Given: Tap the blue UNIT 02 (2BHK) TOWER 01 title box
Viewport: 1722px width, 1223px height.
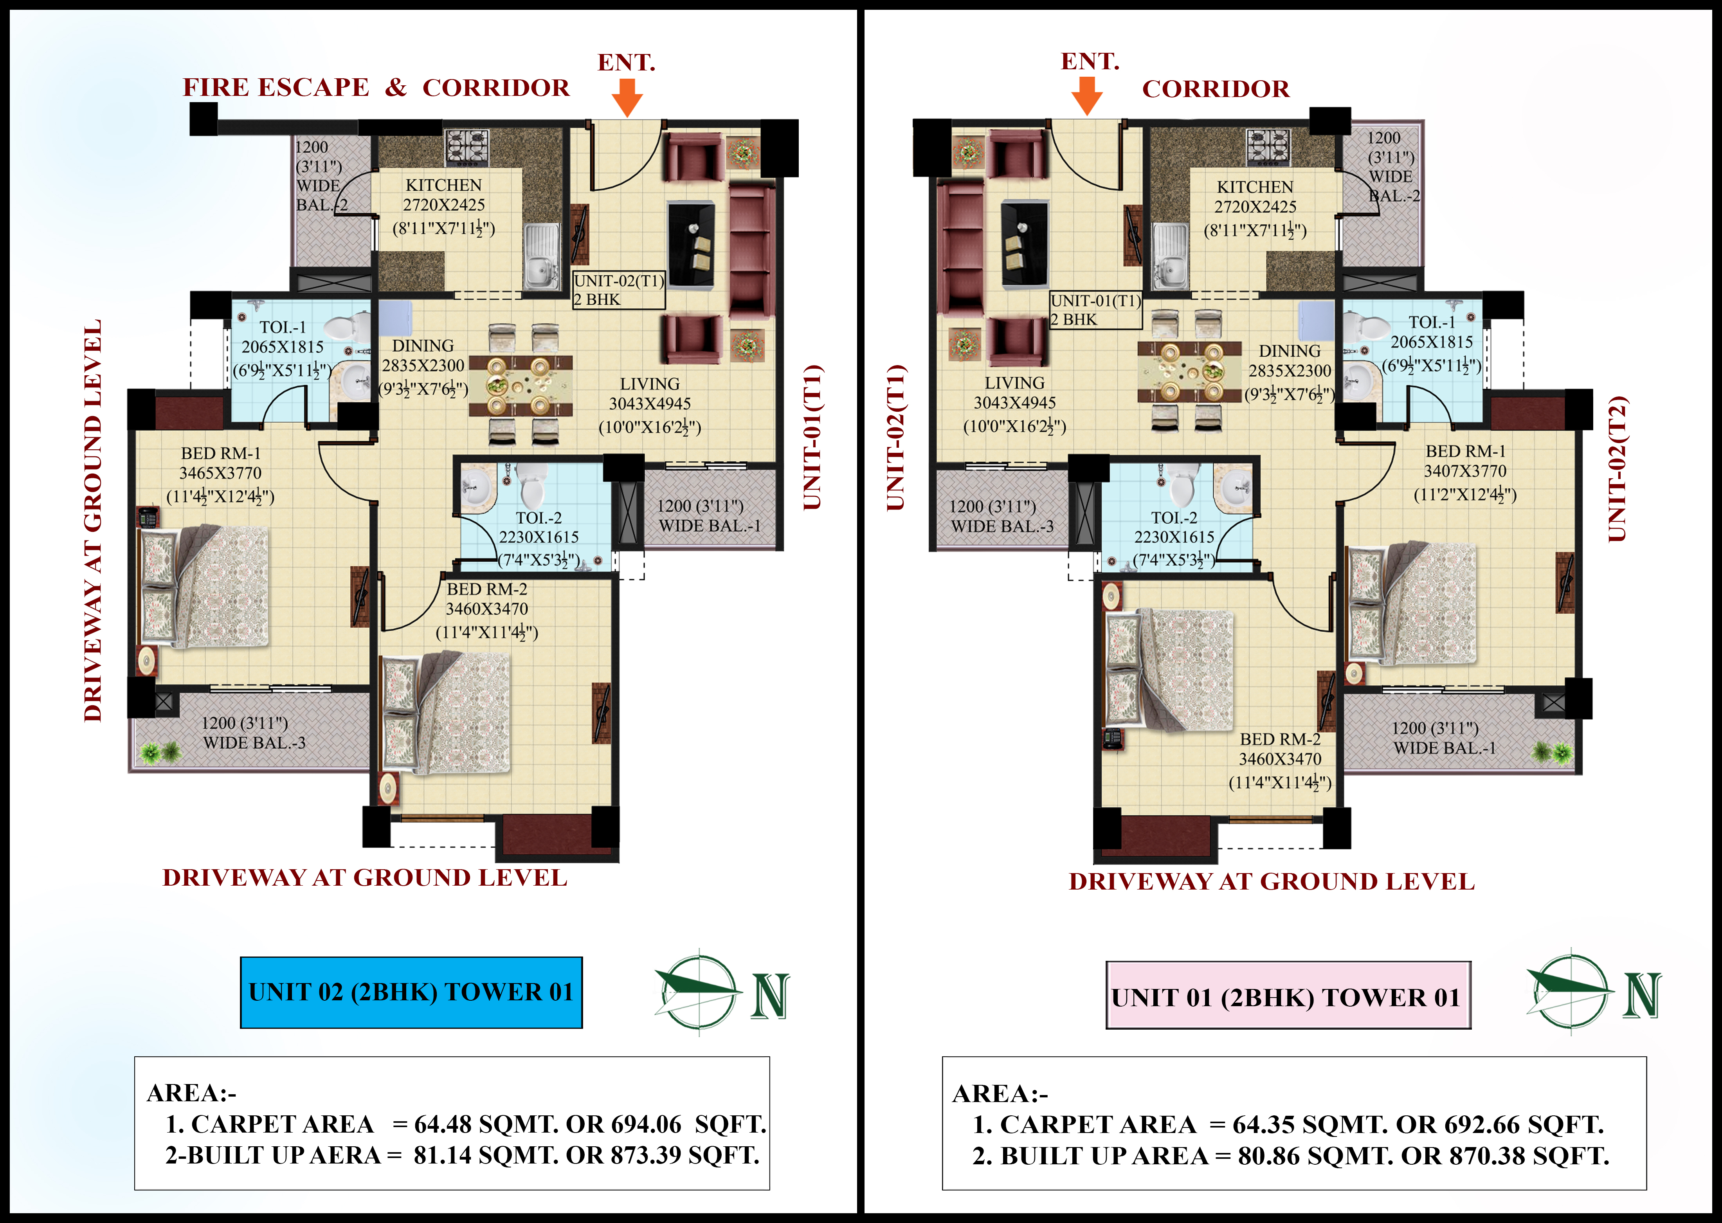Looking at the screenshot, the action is pyautogui.click(x=411, y=992).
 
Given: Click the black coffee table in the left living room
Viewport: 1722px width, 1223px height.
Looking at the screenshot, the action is pyautogui.click(x=691, y=244).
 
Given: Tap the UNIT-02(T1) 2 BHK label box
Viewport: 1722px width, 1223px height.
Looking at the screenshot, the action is pyautogui.click(x=619, y=290).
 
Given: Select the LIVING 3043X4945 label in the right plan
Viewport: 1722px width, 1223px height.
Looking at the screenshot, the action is pyautogui.click(x=1014, y=393).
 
